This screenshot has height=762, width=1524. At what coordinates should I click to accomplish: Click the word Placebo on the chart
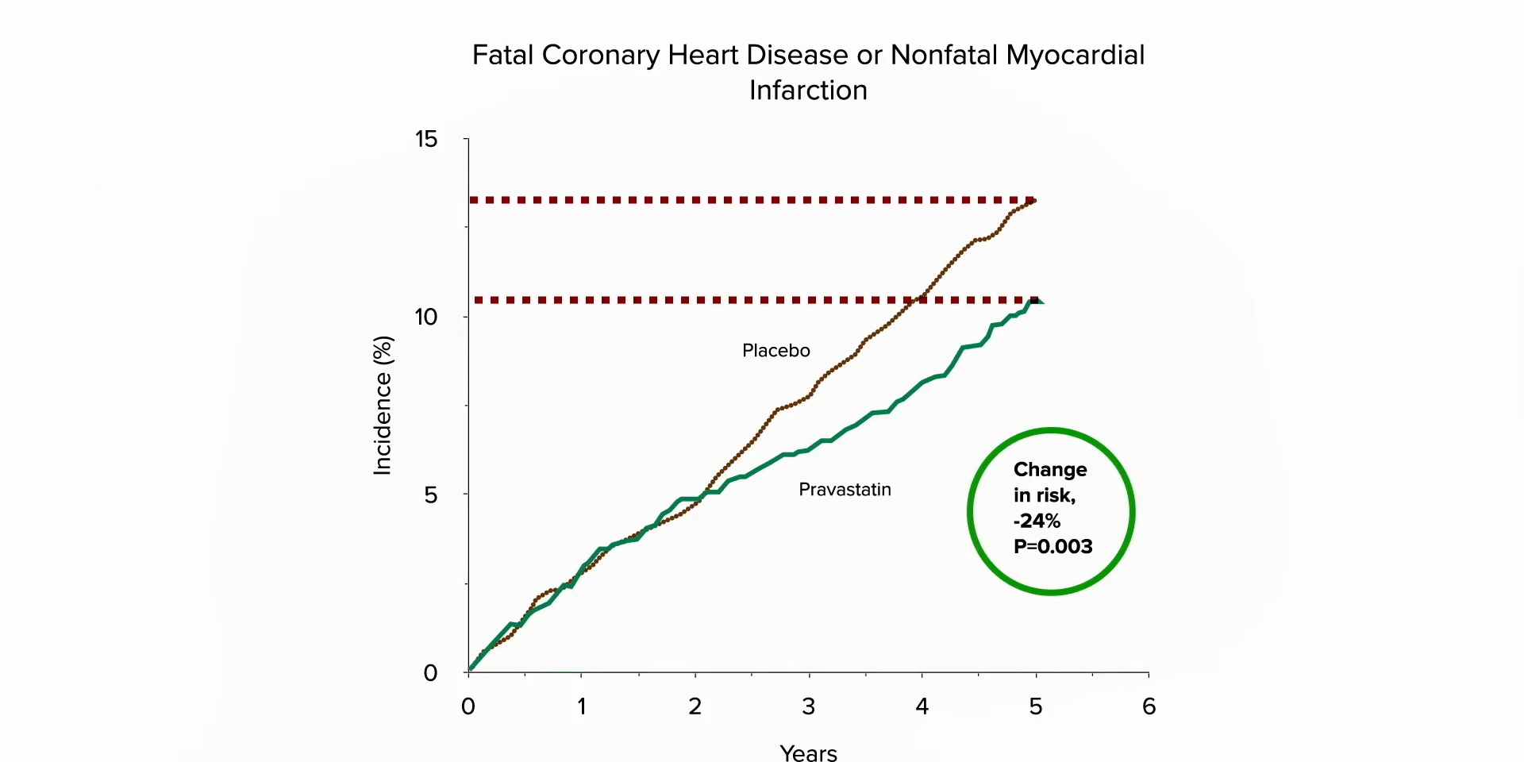775,351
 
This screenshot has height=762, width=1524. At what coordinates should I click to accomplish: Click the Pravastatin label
845,490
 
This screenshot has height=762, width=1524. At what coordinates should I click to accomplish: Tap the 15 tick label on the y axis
426,140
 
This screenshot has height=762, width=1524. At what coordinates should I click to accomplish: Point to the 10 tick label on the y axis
426,317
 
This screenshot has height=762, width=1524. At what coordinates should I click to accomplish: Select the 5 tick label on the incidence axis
430,495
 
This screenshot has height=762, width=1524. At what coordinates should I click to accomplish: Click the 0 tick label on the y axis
430,673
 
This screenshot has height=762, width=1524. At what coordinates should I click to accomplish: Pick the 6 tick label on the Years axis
1149,706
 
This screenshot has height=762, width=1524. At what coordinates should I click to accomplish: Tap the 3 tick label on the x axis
808,706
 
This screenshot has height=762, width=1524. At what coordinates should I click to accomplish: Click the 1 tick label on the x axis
582,706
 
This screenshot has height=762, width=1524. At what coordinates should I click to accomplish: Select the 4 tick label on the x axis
922,706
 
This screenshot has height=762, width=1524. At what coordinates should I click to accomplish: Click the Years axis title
808,752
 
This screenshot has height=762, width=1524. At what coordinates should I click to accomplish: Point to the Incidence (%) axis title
383,406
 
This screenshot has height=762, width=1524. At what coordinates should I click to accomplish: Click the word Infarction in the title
808,90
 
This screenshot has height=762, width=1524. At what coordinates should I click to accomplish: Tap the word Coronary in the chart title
601,56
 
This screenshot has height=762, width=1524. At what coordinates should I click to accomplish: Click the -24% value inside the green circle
1037,521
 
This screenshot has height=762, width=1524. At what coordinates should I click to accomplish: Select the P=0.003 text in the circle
1053,547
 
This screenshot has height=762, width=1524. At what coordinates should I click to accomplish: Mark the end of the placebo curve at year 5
1033,201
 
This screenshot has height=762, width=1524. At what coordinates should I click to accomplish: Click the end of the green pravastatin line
1037,300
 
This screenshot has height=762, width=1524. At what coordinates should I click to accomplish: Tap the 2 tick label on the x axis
695,706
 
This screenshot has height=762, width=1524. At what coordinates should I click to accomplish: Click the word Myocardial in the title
1076,56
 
